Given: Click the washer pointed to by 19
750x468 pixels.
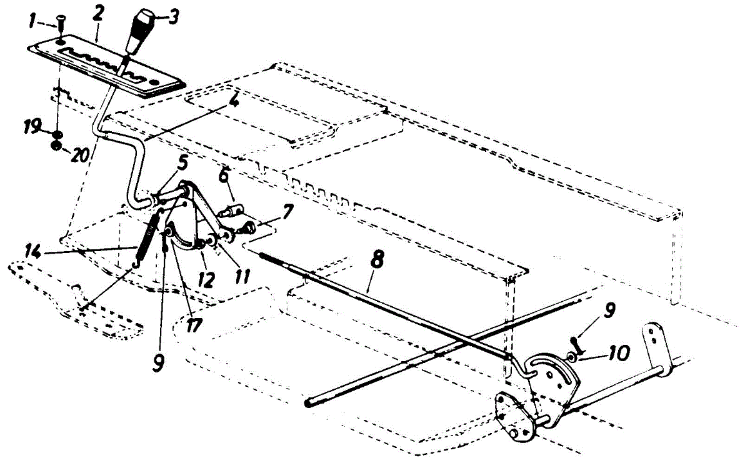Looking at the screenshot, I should pos(57,134).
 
